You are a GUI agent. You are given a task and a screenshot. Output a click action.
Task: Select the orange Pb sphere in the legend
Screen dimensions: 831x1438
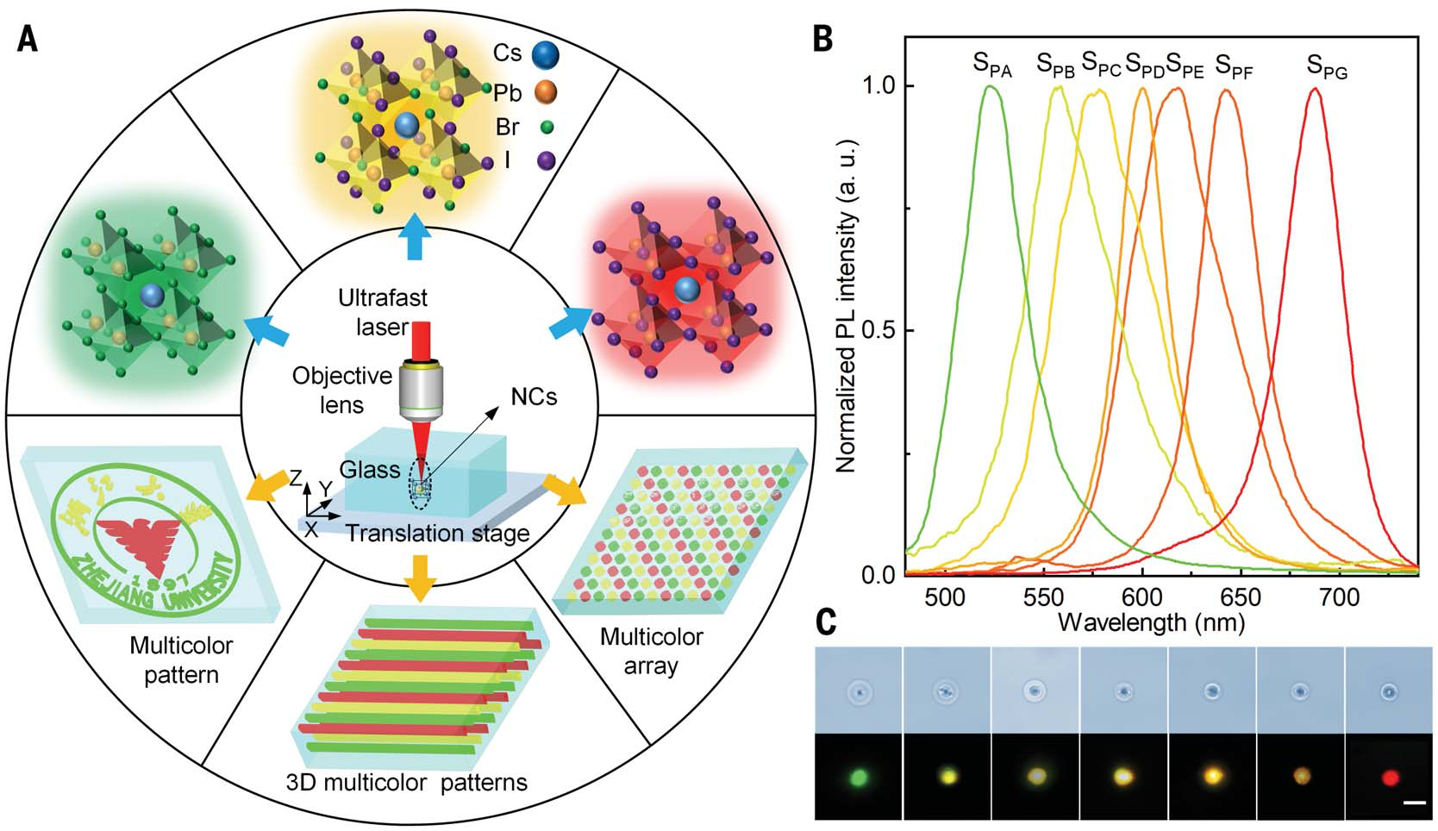click(x=545, y=91)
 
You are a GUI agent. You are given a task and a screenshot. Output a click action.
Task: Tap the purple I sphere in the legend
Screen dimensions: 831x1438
click(x=545, y=159)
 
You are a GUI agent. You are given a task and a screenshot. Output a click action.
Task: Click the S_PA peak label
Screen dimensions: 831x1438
click(x=991, y=65)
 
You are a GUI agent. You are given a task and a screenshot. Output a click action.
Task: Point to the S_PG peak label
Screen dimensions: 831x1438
click(x=1326, y=66)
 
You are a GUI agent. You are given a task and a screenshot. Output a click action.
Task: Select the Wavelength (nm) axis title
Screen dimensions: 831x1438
click(x=1151, y=622)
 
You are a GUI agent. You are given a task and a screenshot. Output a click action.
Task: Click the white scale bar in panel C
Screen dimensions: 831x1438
click(x=1415, y=803)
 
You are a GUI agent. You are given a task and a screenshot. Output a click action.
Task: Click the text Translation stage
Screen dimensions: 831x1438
click(x=437, y=534)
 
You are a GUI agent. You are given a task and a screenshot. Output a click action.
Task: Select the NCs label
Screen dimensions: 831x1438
click(x=534, y=397)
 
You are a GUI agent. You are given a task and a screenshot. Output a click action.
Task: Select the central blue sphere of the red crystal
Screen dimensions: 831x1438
click(x=686, y=289)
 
